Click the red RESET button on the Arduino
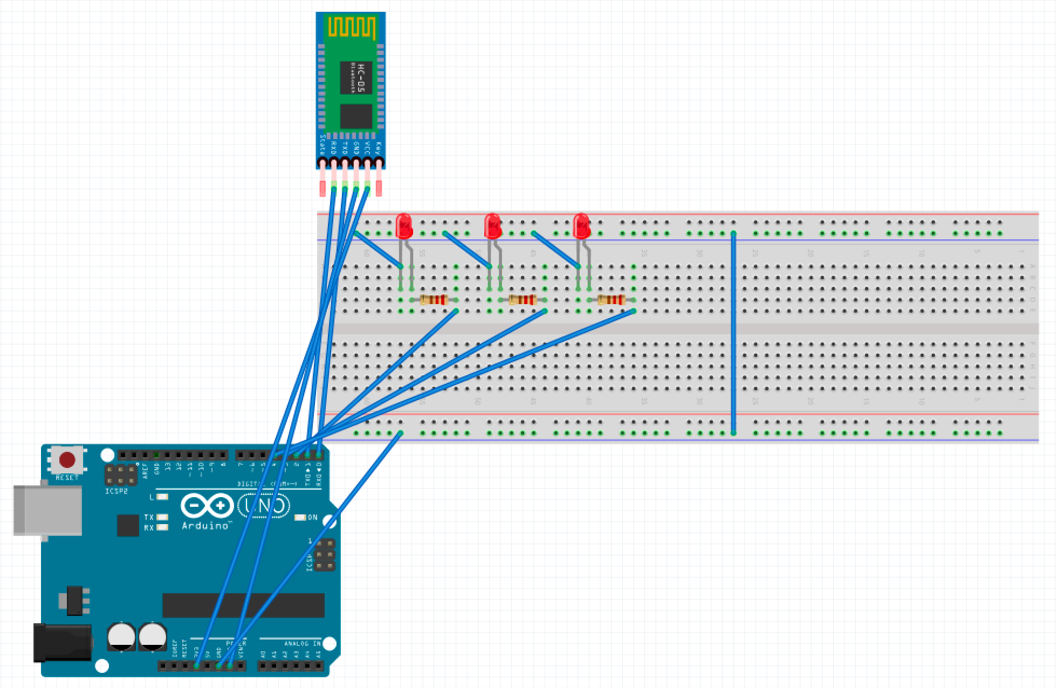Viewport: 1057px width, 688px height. coord(67,460)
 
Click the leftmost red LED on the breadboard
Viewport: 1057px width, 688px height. coord(404,226)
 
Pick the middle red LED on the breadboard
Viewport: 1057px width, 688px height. coord(492,226)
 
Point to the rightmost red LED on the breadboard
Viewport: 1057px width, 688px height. coord(581,226)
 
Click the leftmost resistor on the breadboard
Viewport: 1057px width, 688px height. coord(434,300)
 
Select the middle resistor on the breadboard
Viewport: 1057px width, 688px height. coord(523,300)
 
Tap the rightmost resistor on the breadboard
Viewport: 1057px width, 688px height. coord(611,300)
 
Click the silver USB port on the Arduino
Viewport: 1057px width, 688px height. coord(47,510)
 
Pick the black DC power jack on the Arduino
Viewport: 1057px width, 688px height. coord(62,642)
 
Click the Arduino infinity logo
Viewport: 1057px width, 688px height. coord(207,506)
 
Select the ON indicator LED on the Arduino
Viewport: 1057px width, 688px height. coord(300,518)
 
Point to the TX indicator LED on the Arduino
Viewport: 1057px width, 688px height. coord(161,517)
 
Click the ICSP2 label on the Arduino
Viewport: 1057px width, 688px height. coord(116,491)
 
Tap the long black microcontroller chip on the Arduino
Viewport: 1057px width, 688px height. coord(243,605)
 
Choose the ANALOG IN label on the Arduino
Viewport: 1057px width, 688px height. coord(302,643)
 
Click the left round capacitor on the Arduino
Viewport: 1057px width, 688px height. coord(121,636)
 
